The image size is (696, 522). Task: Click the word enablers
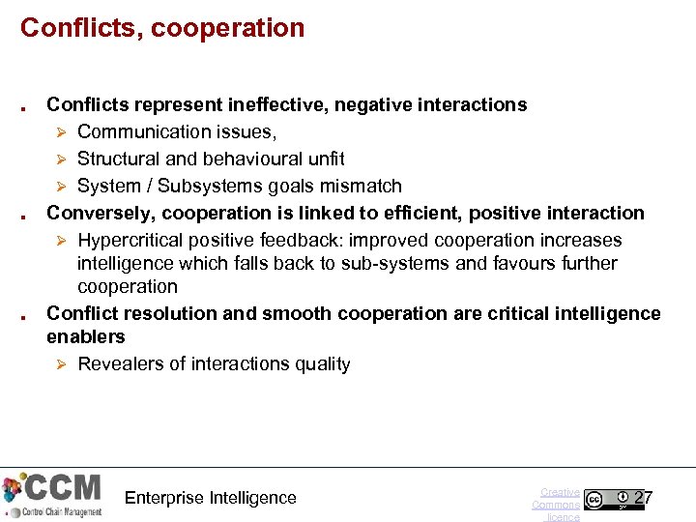click(x=86, y=336)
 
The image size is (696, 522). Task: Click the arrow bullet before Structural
click(x=60, y=159)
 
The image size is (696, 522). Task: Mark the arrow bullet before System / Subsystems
click(x=60, y=186)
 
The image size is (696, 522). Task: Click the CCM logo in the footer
click(x=52, y=494)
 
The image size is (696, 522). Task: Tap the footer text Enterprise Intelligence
click(x=211, y=498)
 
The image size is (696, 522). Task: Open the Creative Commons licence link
click(x=557, y=505)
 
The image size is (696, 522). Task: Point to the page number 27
click(x=643, y=499)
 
